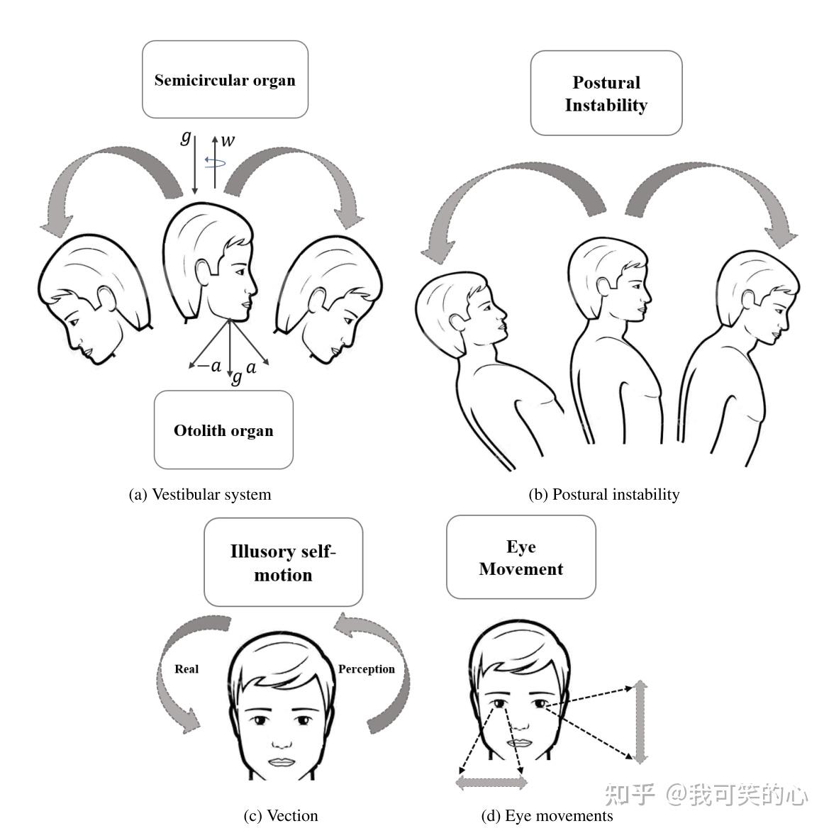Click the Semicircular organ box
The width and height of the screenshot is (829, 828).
pyautogui.click(x=225, y=79)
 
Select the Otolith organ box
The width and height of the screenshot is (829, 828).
pyautogui.click(x=223, y=430)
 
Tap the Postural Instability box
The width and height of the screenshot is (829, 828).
pyautogui.click(x=606, y=93)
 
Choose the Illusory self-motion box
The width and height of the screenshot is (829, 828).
pyautogui.click(x=283, y=562)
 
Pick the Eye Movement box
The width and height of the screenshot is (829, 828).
pyautogui.click(x=521, y=557)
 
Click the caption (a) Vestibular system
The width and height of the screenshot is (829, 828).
pyautogui.click(x=200, y=494)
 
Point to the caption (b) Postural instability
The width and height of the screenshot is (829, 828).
pyautogui.click(x=603, y=494)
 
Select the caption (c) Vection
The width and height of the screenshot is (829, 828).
pyautogui.click(x=280, y=815)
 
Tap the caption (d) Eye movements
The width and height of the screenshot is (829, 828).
pyautogui.click(x=547, y=815)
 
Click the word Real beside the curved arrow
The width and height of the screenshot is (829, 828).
pyautogui.click(x=187, y=668)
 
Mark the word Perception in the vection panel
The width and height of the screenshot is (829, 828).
pyautogui.click(x=366, y=668)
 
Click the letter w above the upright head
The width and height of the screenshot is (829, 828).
pyautogui.click(x=228, y=141)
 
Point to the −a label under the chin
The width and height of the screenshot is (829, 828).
pyautogui.click(x=208, y=366)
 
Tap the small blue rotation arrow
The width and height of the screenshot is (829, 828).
pyautogui.click(x=215, y=162)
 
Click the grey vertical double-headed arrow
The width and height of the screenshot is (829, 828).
pyautogui.click(x=640, y=721)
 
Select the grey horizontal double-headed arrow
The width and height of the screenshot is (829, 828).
pyautogui.click(x=491, y=783)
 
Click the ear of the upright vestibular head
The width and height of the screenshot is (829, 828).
pyautogui.click(x=204, y=271)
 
